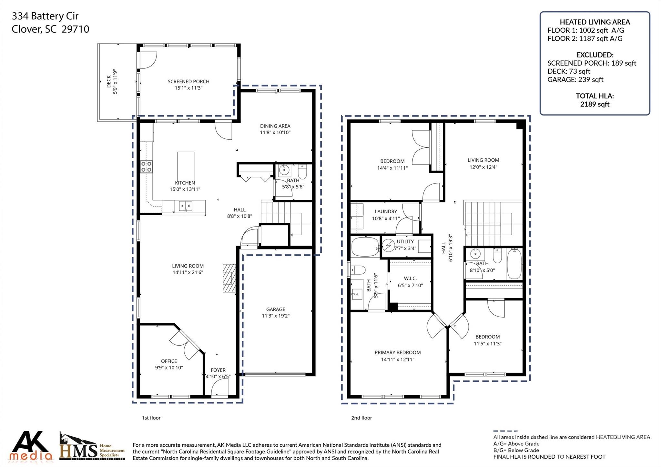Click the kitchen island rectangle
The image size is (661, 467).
[186, 164]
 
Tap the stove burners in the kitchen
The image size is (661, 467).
[146, 167]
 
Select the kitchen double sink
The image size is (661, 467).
[186, 206]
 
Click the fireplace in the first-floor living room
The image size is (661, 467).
[229, 278]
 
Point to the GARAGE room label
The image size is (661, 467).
[276, 309]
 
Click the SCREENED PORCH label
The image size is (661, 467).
[188, 82]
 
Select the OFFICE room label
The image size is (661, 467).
[169, 361]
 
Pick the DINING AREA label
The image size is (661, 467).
[275, 126]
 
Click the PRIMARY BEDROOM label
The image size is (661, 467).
[398, 352]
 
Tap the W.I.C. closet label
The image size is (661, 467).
[410, 279]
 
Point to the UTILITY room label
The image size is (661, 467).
[405, 241]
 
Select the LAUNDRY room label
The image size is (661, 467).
[386, 211]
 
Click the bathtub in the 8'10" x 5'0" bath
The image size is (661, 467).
[514, 264]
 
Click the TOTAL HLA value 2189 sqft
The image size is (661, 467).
[595, 104]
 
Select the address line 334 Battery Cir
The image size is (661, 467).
[45, 16]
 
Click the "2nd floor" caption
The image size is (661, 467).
[361, 418]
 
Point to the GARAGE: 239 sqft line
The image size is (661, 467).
[575, 79]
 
